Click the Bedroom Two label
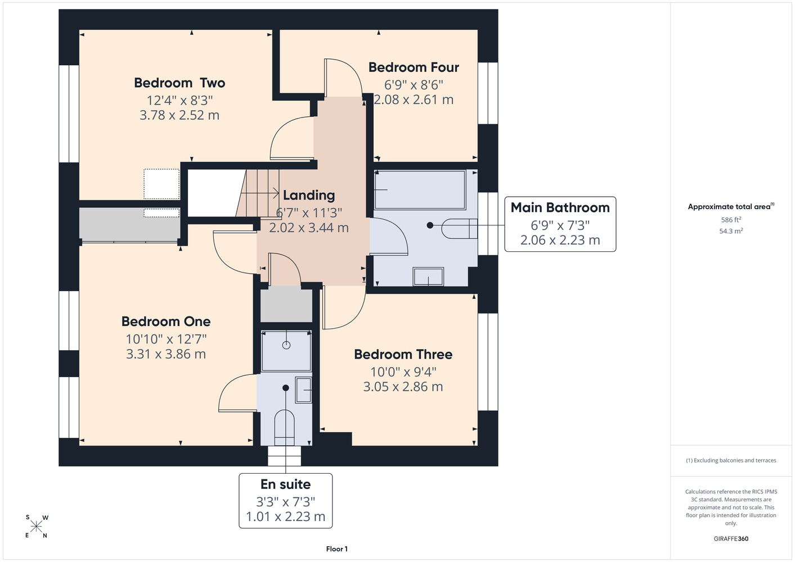coord(179,83)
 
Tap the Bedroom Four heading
coord(414,67)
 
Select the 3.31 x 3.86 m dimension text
coord(166,354)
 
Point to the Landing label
coord(309,196)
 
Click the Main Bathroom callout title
coord(560,207)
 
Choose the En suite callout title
coord(286,484)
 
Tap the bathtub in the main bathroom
coord(420,190)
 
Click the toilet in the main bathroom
coord(460,229)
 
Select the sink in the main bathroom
coord(428,277)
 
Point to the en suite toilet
coord(285,428)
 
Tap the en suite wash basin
coord(303,390)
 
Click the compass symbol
coord(36,527)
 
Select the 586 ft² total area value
coord(731,220)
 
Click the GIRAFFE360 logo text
coord(731,538)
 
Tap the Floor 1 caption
coord(337,549)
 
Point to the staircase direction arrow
coord(260,193)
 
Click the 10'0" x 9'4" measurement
coord(403,372)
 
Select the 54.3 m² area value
coord(731,231)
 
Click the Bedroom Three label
coord(403,355)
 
